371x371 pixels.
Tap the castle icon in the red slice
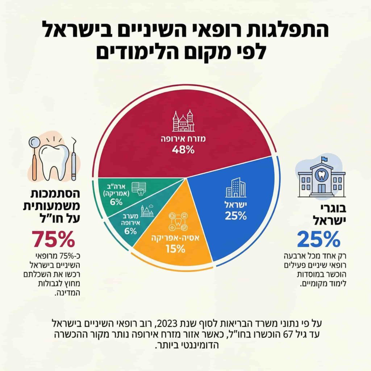click(x=183, y=122)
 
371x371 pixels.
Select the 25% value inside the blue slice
click(x=235, y=216)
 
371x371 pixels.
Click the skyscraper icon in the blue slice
click(x=235, y=187)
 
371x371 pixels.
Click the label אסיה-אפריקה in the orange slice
click(x=175, y=238)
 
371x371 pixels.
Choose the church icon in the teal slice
click(x=147, y=211)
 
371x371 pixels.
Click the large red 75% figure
click(x=53, y=239)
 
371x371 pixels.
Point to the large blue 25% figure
click(x=319, y=239)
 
